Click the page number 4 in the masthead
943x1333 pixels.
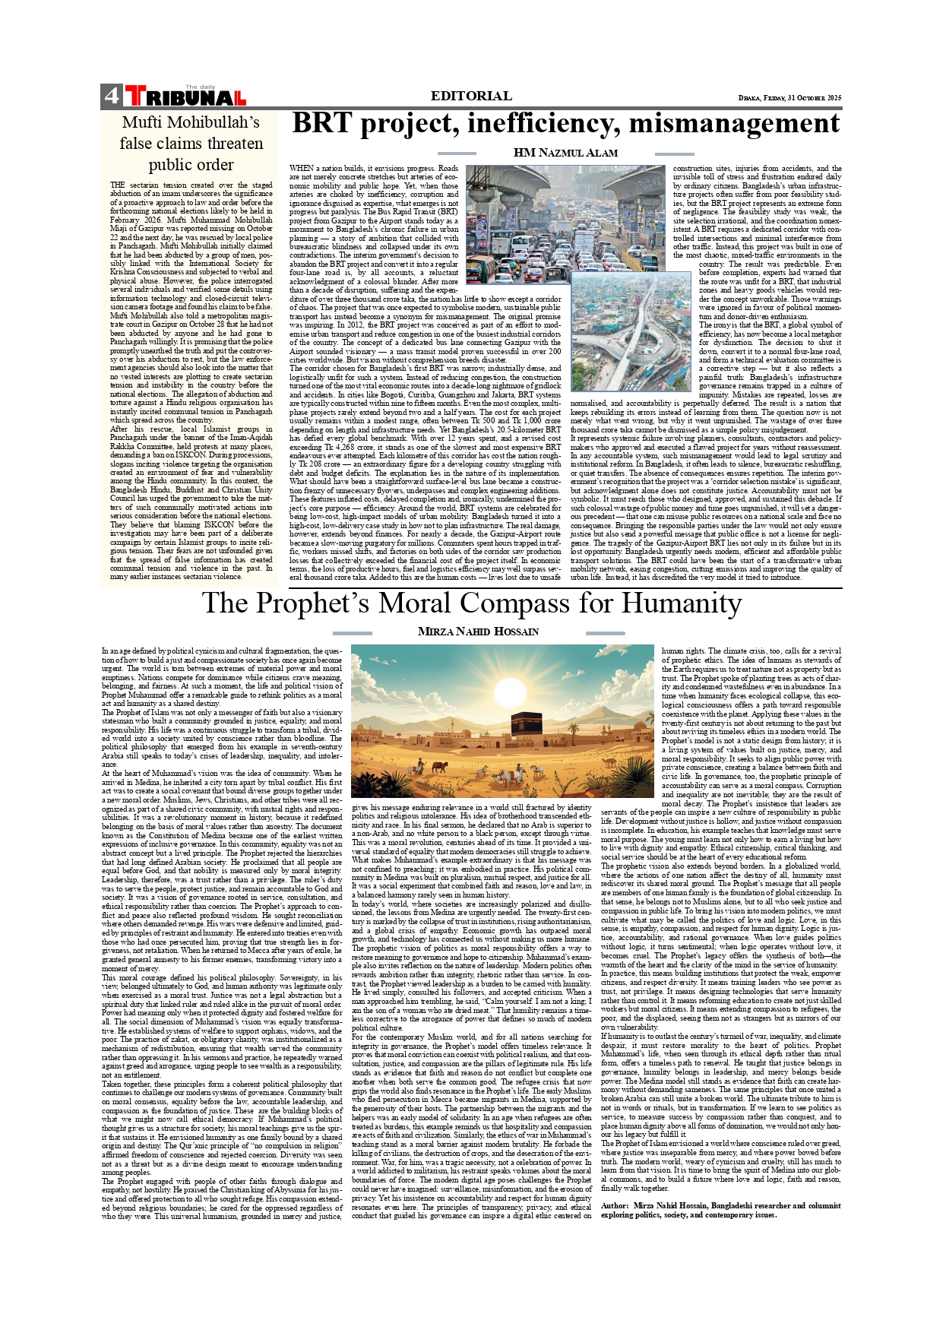tap(111, 96)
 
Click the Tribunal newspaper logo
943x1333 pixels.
tap(185, 97)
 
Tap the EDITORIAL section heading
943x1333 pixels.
tap(471, 96)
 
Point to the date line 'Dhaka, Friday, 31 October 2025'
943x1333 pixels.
tap(790, 98)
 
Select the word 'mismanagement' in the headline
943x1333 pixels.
tap(734, 124)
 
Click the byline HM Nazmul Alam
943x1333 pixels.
tap(565, 153)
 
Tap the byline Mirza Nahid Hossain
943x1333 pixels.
tap(478, 632)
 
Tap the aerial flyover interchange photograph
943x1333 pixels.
tap(620, 332)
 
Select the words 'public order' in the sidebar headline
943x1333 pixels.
tap(191, 165)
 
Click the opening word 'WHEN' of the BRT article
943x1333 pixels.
tap(301, 168)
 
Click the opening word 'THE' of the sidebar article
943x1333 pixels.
tap(117, 185)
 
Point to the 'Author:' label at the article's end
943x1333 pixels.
tap(615, 1205)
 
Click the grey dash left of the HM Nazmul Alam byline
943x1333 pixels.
tap(457, 154)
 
